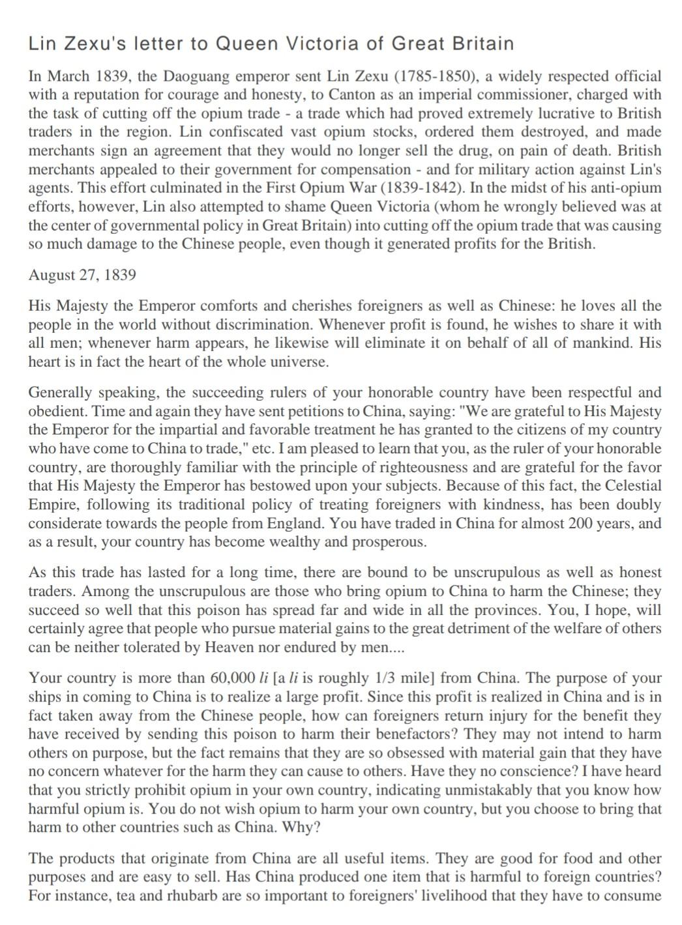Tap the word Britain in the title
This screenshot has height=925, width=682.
coord(484,44)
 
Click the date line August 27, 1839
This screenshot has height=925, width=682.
coord(82,275)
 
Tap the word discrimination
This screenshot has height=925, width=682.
coord(261,324)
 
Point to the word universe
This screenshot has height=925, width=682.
coord(297,362)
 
